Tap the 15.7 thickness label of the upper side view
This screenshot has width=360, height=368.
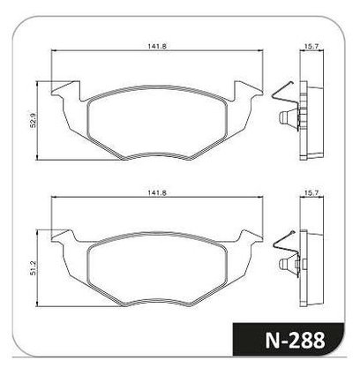point(311,46)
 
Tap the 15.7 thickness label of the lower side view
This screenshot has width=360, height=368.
point(311,192)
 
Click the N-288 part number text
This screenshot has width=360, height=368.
point(295,341)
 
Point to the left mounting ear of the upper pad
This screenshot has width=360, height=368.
point(66,90)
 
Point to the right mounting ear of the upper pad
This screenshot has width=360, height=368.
point(248,90)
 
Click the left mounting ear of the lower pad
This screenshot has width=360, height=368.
point(64,237)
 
